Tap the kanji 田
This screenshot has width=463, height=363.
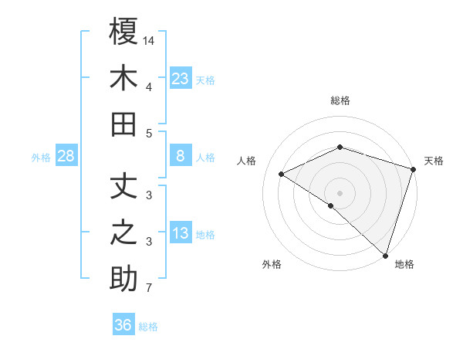tap(124, 124)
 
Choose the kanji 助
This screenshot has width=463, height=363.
tap(124, 278)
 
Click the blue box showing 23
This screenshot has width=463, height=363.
tap(181, 79)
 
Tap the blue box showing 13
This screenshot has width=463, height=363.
tap(181, 234)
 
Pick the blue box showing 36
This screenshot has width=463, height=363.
tap(123, 325)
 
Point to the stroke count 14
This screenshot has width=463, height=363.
tap(150, 40)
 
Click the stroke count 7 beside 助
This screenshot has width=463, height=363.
tap(149, 289)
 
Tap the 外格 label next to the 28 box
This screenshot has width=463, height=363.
tap(41, 158)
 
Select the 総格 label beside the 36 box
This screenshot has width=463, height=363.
tap(149, 326)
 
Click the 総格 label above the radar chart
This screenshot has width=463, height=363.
tap(340, 100)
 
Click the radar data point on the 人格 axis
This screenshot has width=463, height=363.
tap(282, 175)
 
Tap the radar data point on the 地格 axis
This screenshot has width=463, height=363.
tap(384, 254)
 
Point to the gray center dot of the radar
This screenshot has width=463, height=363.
tap(340, 192)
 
